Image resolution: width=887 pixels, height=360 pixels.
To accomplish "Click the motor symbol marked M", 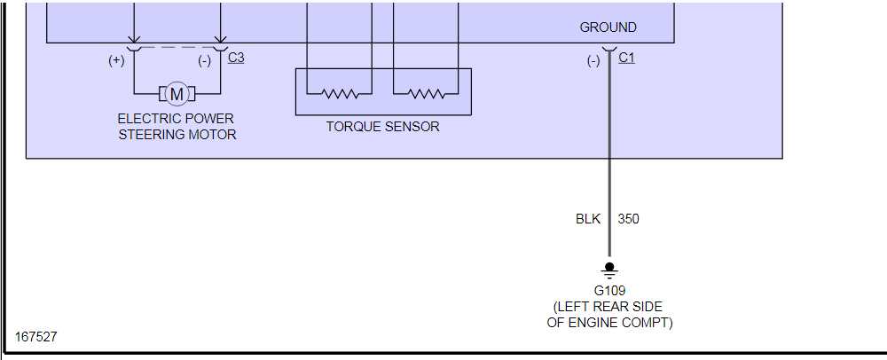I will [x=177, y=93].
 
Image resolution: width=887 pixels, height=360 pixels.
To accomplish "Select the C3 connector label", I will [x=236, y=58].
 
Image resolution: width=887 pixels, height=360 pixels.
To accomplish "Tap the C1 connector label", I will [x=626, y=58].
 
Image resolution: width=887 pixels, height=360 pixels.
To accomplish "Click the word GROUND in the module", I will [x=608, y=27].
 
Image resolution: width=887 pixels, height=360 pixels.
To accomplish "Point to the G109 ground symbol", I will [x=608, y=268].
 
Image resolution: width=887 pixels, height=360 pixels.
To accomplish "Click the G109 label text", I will [x=609, y=291].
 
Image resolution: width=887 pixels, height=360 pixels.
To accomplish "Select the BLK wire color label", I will [x=588, y=219].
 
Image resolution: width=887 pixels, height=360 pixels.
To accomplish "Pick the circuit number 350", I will [x=628, y=219].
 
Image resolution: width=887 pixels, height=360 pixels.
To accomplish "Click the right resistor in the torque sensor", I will [x=427, y=92].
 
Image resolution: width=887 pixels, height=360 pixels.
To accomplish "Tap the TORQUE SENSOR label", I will [x=382, y=127].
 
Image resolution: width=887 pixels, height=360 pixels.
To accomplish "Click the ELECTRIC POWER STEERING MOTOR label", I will [x=177, y=126].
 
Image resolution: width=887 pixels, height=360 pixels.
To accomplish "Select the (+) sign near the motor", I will [x=116, y=61].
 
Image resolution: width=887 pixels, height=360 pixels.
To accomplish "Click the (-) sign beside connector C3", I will [x=204, y=61].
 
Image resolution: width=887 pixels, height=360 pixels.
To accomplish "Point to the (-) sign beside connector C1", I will [x=593, y=61].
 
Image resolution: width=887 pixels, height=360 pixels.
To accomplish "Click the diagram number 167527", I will [x=36, y=338].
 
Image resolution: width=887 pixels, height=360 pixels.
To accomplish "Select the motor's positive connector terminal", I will [x=134, y=45].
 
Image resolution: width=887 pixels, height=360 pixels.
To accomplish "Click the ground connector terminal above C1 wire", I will [x=608, y=49].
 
